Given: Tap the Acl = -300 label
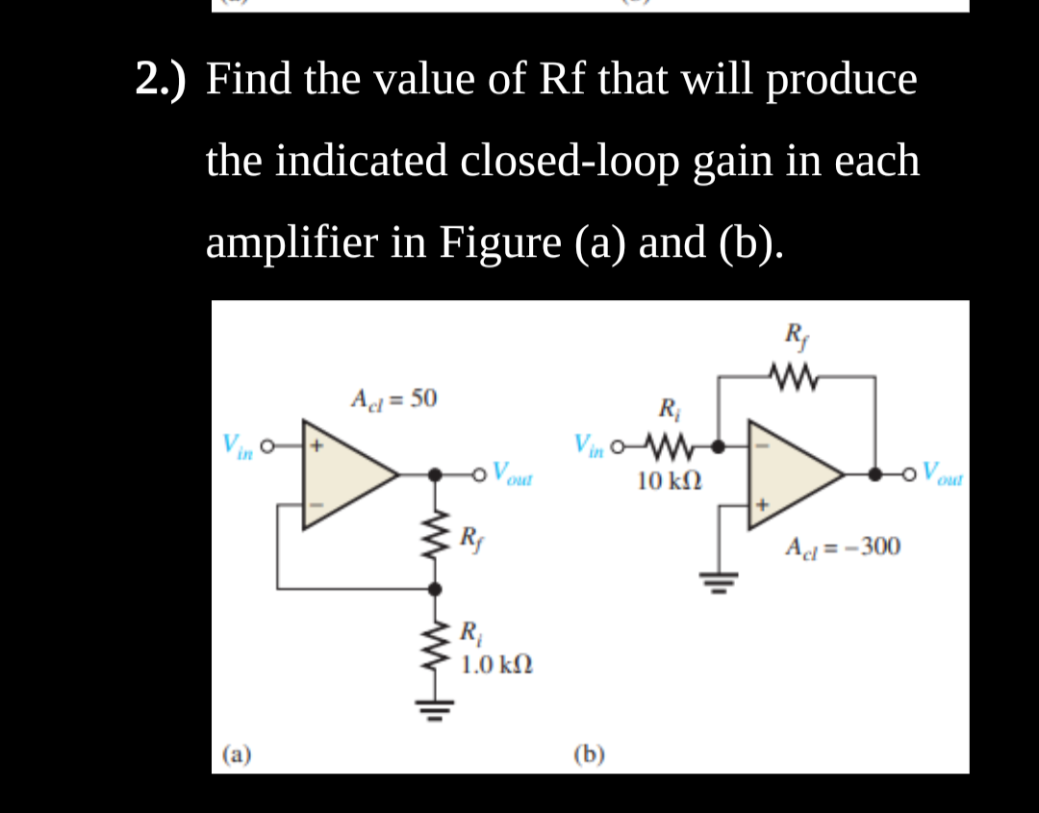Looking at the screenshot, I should (843, 547).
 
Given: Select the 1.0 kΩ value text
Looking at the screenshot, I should (496, 664).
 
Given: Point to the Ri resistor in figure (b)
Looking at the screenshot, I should (670, 445).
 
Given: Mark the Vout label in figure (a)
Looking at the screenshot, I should (511, 473).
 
